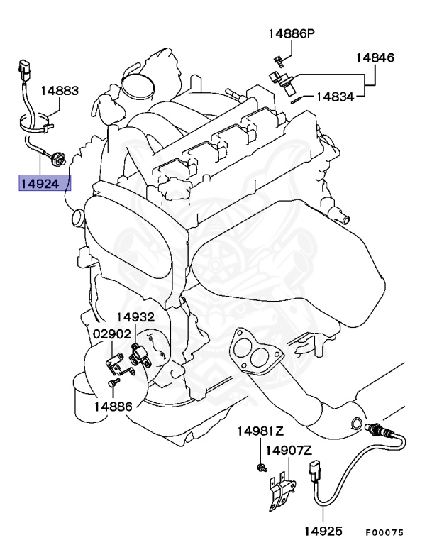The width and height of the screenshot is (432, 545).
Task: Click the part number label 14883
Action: click(x=59, y=92)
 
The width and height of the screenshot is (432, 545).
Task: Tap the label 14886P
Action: click(x=291, y=33)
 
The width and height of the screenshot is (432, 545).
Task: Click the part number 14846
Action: click(x=375, y=57)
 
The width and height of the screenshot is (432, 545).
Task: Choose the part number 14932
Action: click(x=135, y=317)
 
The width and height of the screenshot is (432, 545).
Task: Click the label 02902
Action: click(x=111, y=334)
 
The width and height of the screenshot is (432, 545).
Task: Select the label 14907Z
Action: click(x=289, y=450)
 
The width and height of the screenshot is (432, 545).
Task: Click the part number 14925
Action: click(x=324, y=529)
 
